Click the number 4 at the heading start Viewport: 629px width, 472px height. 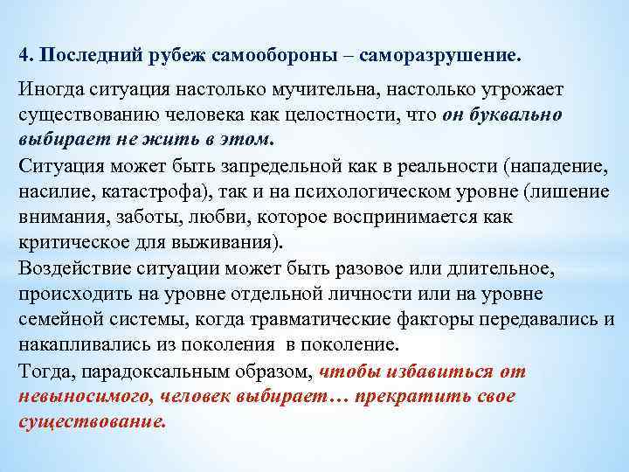click(x=24, y=55)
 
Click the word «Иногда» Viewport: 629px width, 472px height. click(x=48, y=92)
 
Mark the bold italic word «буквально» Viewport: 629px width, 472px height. click(x=517, y=116)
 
